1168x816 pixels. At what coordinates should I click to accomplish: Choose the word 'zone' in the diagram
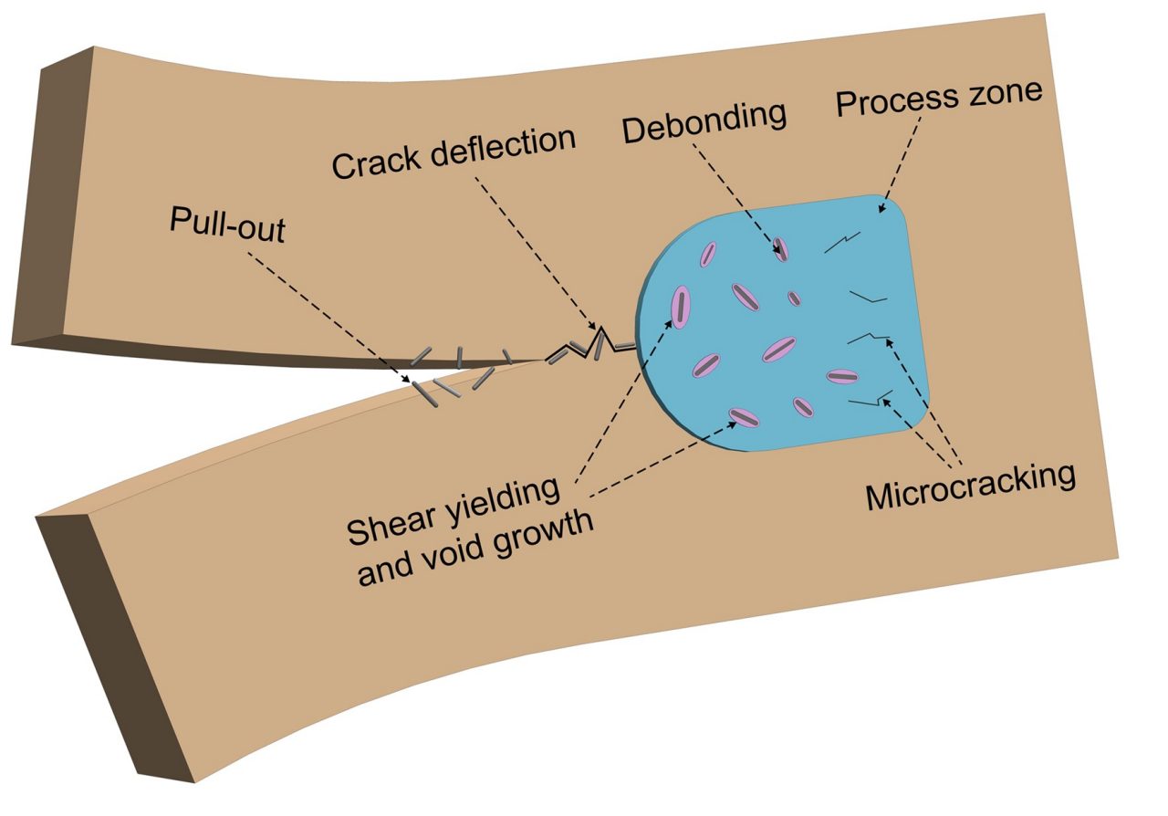1005,92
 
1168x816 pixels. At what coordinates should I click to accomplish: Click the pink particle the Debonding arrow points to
781,249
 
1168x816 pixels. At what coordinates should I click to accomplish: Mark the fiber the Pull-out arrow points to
427,391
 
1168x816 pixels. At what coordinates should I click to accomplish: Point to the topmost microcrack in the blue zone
839,243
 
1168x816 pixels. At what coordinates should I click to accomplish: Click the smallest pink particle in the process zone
794,298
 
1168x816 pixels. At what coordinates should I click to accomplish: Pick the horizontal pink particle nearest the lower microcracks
839,375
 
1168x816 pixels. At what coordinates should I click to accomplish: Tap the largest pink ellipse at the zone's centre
779,349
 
